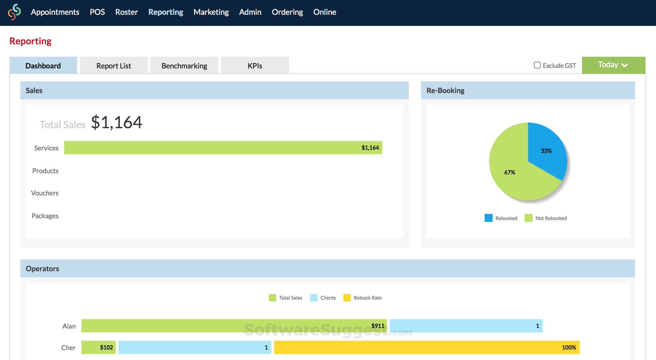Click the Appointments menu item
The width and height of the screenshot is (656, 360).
(55, 12)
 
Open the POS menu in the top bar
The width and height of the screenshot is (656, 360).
(97, 12)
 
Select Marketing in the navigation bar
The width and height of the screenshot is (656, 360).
(211, 12)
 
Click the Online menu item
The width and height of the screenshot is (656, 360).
(325, 12)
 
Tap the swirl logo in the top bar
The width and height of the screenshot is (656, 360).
(14, 12)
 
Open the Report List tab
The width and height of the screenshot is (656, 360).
(113, 66)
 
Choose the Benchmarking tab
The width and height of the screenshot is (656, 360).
(184, 66)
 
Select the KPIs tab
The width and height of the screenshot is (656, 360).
(255, 66)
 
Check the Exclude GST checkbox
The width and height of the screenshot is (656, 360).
(537, 65)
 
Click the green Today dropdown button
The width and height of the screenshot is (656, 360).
(613, 65)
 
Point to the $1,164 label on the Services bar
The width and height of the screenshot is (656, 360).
(370, 148)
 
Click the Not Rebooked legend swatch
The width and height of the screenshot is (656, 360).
(528, 218)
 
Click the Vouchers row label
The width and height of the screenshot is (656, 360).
(45, 193)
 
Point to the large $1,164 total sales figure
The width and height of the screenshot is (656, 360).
(117, 122)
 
